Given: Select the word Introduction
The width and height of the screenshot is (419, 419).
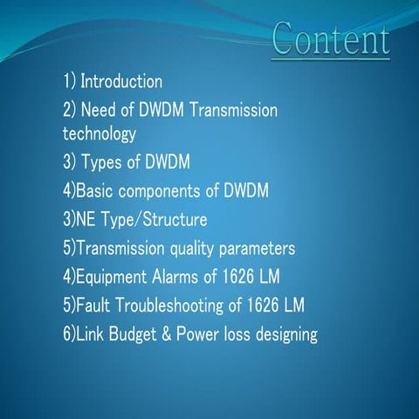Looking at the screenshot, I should pos(121,82).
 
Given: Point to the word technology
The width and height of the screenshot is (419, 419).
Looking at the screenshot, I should pos(100,134).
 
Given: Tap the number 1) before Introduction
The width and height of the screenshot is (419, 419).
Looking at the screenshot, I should pos(69,82).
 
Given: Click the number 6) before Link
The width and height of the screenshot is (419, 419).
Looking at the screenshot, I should pos(69,333).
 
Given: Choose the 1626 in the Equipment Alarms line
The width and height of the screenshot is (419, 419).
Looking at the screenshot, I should pos(239,277).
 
